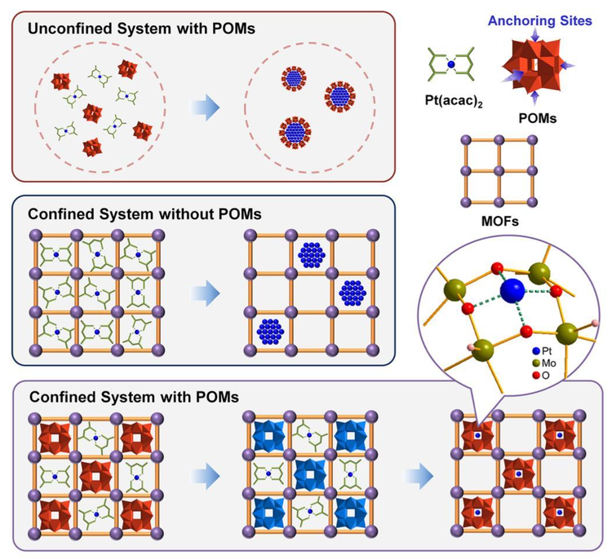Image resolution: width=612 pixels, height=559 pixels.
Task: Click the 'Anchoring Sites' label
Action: pos(540,20)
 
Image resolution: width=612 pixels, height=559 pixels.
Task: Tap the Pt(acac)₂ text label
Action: pos(454,101)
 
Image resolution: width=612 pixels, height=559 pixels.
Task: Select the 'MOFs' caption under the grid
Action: pos(500,222)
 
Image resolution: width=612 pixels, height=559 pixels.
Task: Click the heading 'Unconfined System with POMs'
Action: pos(141,29)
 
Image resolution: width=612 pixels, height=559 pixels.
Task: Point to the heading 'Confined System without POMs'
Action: pos(144,214)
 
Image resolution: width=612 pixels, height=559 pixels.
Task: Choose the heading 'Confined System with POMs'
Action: pos(135,397)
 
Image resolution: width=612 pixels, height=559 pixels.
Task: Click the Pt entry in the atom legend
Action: pos(543,351)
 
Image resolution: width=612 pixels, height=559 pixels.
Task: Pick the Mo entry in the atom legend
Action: pos(544,363)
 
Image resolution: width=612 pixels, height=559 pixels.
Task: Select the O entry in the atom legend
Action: pos(541,376)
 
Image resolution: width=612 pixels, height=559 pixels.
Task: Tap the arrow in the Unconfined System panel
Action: pos(205,108)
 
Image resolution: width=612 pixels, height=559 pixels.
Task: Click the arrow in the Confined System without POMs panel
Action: pos(205,293)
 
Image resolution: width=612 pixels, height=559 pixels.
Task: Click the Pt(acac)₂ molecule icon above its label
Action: pos(451,64)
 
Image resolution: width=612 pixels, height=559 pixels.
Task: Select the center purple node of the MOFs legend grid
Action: pos(499,171)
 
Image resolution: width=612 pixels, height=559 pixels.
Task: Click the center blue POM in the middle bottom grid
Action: pos(310,474)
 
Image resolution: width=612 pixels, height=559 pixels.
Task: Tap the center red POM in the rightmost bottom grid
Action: pos(518,473)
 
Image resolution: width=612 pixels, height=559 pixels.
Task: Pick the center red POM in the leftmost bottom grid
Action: pos(95,477)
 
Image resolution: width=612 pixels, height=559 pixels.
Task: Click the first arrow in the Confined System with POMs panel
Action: pos(205,476)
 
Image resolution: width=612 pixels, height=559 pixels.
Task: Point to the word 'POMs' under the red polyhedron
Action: pos(538,117)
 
